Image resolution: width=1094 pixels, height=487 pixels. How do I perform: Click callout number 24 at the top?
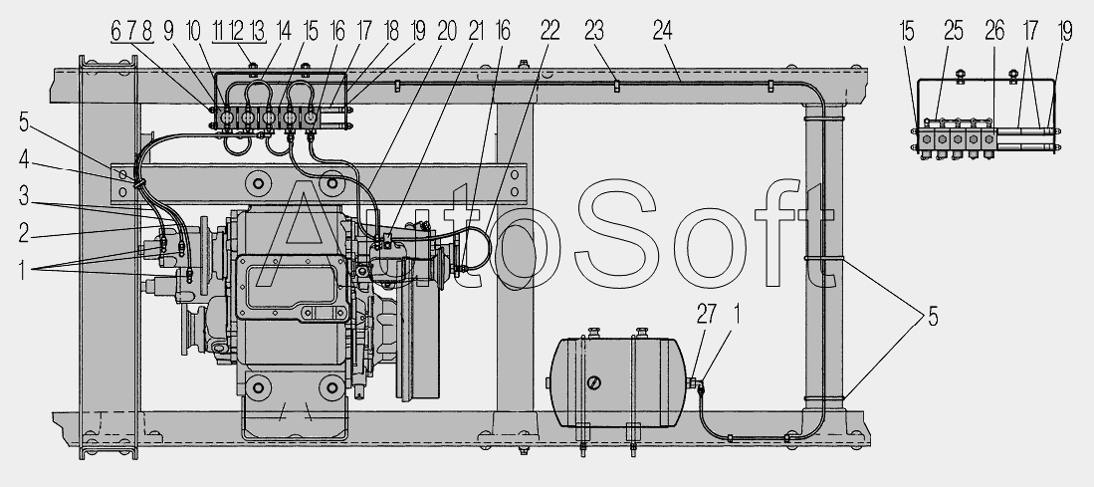(662, 31)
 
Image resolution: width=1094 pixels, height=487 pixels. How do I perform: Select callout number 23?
(593, 31)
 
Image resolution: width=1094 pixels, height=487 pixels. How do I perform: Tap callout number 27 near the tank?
(706, 315)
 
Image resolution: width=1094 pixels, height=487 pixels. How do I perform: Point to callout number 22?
(549, 31)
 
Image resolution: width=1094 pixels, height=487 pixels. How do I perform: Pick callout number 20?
(447, 31)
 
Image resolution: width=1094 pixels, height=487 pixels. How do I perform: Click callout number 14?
(283, 31)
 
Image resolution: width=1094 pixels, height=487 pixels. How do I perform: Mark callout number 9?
(168, 31)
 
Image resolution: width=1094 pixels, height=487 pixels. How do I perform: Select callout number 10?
(193, 31)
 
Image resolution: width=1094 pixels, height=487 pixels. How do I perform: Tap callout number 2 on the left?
(24, 233)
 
